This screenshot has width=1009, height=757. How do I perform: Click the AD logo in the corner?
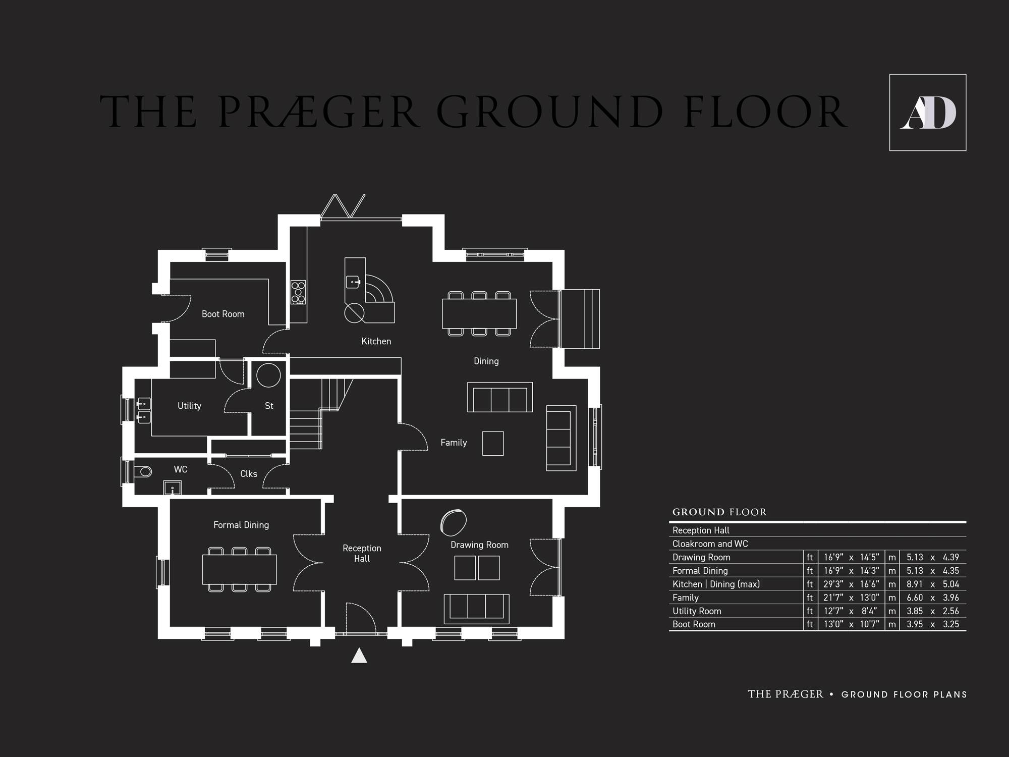point(928,113)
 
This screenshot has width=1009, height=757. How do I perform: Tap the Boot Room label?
point(223,314)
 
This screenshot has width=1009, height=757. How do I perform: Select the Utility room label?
point(189,406)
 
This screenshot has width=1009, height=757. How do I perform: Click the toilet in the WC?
point(143,472)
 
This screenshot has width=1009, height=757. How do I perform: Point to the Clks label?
point(249,474)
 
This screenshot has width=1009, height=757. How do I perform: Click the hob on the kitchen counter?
point(298,292)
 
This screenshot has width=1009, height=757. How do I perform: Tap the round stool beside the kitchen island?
point(354,313)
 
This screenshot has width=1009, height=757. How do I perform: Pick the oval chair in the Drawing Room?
point(453,522)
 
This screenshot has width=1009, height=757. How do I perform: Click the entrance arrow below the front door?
point(359,655)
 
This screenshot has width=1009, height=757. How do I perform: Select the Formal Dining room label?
point(241,525)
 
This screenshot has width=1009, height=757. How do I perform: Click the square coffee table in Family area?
point(493,444)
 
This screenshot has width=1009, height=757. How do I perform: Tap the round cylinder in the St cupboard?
point(268,375)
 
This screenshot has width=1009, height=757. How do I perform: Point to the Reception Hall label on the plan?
point(362,553)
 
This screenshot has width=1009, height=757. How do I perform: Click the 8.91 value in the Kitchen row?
point(915,584)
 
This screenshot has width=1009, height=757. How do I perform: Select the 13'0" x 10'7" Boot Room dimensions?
point(852,624)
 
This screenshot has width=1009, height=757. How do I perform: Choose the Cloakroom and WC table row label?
point(710,544)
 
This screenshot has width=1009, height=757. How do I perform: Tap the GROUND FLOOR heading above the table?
point(719,512)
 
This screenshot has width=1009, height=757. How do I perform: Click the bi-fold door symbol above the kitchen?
point(343,206)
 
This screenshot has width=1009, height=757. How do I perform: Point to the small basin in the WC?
point(172,489)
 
